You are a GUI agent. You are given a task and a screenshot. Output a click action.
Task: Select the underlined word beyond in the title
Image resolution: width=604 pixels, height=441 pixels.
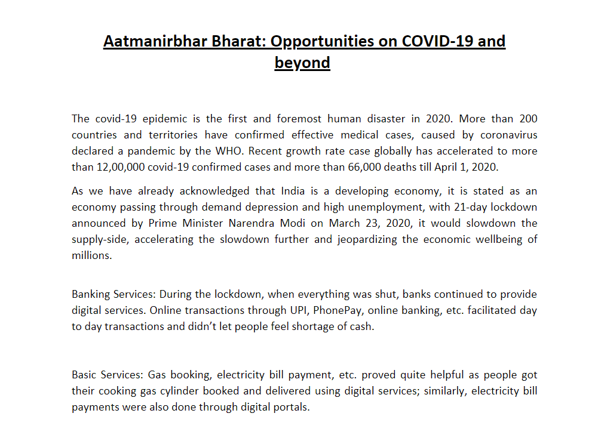(302, 63)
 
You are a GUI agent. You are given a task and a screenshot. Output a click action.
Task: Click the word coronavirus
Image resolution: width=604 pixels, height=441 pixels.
(508, 135)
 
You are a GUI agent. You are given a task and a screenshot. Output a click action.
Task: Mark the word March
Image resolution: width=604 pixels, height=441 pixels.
(345, 224)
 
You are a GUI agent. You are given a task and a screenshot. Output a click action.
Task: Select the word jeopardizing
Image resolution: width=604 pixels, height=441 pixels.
(374, 240)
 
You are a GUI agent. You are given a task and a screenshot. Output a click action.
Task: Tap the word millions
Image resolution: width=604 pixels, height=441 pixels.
(91, 255)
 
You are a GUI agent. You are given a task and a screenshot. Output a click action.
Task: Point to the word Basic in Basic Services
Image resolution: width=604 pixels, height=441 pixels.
(84, 375)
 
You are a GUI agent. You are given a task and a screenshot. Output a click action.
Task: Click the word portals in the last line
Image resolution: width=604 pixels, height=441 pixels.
(291, 408)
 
